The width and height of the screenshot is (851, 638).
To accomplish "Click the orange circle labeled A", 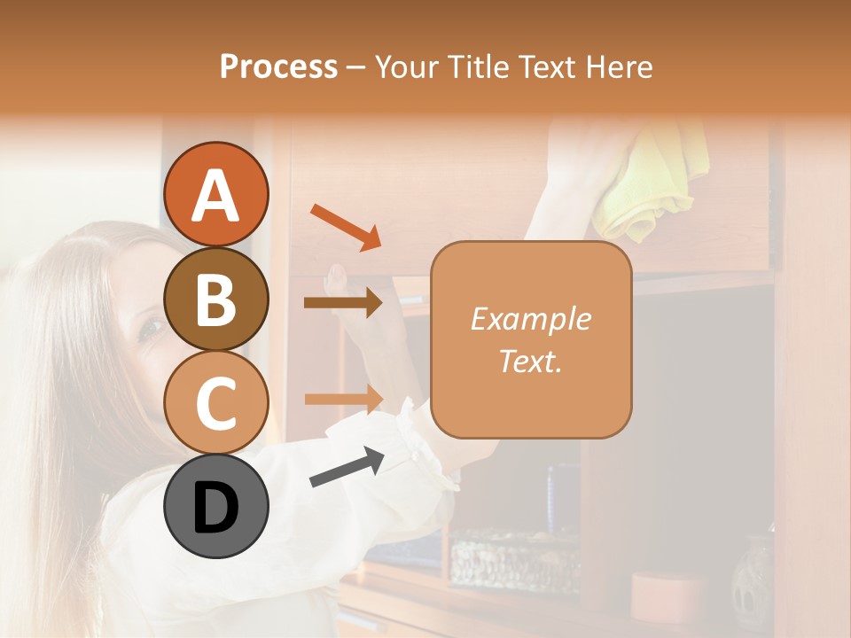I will (x=216, y=194).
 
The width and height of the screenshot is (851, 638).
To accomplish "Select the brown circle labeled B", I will (x=216, y=299).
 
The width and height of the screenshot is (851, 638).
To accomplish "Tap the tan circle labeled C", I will (x=216, y=402).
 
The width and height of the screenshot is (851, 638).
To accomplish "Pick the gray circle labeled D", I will (x=216, y=506).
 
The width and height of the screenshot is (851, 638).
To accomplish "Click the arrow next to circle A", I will (x=346, y=226).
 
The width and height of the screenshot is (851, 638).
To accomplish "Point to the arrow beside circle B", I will (x=343, y=302).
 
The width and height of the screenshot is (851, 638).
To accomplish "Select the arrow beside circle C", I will (x=343, y=398).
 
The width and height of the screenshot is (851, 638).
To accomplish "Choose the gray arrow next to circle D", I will (x=347, y=467).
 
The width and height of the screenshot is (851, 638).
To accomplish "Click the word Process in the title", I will (x=278, y=66).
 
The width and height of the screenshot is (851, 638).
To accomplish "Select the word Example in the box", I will (x=530, y=319).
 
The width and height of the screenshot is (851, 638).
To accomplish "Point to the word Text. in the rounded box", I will (x=530, y=361).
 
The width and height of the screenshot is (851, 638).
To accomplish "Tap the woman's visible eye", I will (x=151, y=328).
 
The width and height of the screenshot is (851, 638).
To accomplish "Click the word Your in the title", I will (x=404, y=66).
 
